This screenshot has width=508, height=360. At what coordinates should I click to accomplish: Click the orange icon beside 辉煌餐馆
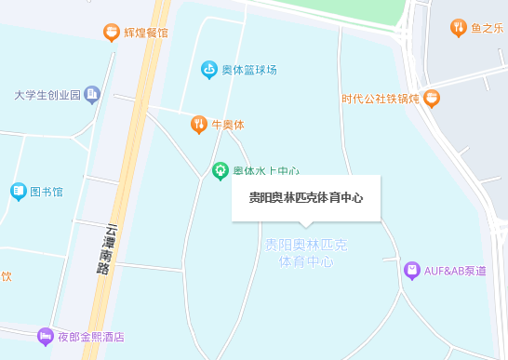coord(112,33)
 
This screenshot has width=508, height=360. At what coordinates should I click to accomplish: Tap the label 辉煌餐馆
coord(146,33)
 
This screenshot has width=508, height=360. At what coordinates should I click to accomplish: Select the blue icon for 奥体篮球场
coord(209,69)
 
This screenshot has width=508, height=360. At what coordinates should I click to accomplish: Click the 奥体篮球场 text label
coord(248,70)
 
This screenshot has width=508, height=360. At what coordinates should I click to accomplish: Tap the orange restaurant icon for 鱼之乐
coord(458,28)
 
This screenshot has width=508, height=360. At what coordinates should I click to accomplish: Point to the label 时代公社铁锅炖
coord(380,98)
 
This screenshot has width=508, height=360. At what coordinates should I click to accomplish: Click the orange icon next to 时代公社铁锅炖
coord(431,98)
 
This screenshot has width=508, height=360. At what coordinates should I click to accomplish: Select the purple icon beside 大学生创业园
coord(91,94)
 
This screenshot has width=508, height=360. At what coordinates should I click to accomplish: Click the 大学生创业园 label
coord(47,95)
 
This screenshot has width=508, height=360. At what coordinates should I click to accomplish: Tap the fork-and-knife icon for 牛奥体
coord(198,124)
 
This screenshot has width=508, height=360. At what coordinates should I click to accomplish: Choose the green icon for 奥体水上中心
coord(221,170)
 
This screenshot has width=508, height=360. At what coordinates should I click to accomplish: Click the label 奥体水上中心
coord(265,171)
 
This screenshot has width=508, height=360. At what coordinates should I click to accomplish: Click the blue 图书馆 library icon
coord(19,192)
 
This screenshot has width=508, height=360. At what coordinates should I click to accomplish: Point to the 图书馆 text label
coord(47,193)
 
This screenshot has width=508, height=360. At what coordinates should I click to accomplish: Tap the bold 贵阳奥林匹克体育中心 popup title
coord(305,198)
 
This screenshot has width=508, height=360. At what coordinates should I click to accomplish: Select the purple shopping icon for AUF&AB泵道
coord(412,271)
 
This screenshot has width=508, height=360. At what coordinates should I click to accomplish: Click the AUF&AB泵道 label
coord(455,271)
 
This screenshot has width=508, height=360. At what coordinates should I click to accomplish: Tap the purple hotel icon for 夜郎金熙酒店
coord(45,337)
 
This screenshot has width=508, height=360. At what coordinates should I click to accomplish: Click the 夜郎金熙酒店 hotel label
coord(91,337)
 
